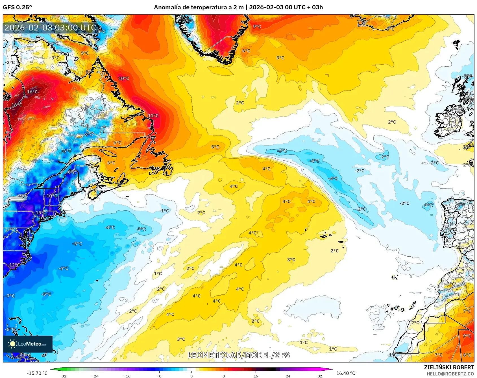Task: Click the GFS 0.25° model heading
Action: (17, 7)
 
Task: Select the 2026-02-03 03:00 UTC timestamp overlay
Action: (50, 28)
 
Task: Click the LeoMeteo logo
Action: (28, 344)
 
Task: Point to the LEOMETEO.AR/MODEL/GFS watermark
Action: (239, 355)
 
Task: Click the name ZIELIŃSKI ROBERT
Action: (449, 367)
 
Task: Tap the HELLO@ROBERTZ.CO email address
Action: (450, 374)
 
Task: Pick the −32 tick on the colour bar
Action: (63, 376)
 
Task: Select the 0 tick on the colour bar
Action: (191, 376)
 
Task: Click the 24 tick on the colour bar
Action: (288, 376)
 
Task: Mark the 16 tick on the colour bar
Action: (256, 376)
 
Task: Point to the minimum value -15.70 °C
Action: (37, 373)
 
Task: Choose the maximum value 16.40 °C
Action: (346, 373)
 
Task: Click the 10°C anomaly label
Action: (124, 78)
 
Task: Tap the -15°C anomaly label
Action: (41, 213)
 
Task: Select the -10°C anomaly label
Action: (51, 196)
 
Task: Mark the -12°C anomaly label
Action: (14, 265)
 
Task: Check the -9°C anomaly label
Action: (72, 172)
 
